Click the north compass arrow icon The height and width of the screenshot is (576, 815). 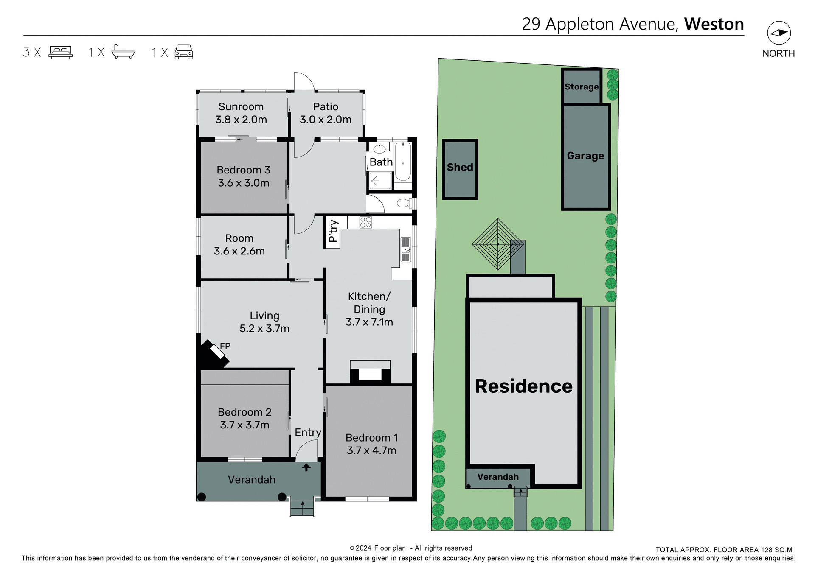pyautogui.click(x=778, y=33)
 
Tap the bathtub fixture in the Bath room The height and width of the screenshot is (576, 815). pyautogui.click(x=403, y=162)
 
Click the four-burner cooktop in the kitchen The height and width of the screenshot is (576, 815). pyautogui.click(x=365, y=222)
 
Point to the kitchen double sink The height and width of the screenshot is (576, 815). pyautogui.click(x=406, y=249)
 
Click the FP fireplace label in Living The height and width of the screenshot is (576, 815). pyautogui.click(x=225, y=346)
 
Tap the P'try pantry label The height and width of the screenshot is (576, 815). pyautogui.click(x=333, y=232)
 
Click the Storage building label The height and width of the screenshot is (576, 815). pyautogui.click(x=581, y=87)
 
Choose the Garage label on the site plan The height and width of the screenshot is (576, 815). pyautogui.click(x=585, y=156)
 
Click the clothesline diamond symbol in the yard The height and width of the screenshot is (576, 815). pyautogui.click(x=497, y=244)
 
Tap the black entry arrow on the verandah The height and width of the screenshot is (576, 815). pyautogui.click(x=306, y=467)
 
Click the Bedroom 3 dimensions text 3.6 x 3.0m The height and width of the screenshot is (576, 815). pyautogui.click(x=244, y=183)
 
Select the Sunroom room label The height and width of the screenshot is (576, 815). pyautogui.click(x=241, y=107)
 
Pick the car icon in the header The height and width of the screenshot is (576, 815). pyautogui.click(x=184, y=52)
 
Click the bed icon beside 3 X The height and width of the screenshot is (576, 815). pyautogui.click(x=61, y=52)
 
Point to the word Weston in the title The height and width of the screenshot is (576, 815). pyautogui.click(x=714, y=24)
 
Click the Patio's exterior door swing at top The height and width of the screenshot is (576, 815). pyautogui.click(x=304, y=81)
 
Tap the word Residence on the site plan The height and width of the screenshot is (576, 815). pyautogui.click(x=523, y=386)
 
